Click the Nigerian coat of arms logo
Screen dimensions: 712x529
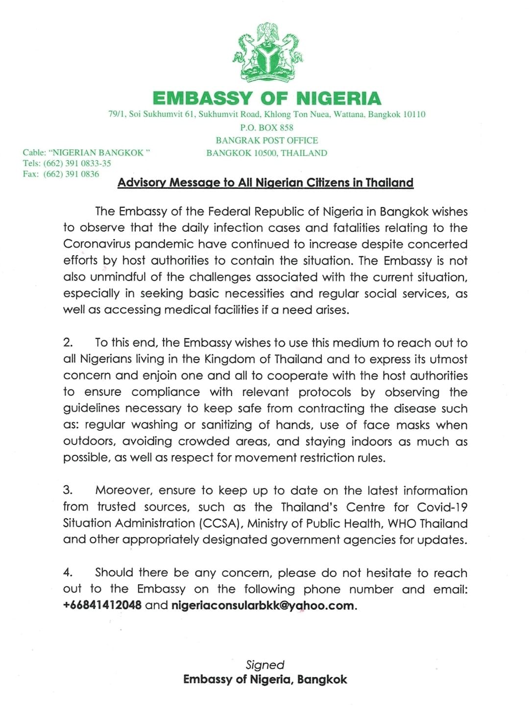coord(267,52)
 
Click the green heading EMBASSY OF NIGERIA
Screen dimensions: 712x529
coord(267,98)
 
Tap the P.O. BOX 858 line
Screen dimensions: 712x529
coord(267,127)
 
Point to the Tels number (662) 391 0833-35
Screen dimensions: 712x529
coord(77,163)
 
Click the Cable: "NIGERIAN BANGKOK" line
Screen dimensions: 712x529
coord(86,152)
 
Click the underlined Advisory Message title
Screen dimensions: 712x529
coord(265,183)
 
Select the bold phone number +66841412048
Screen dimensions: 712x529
coord(102,605)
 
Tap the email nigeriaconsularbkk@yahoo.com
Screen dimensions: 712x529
coord(263,605)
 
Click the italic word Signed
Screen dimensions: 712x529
coord(265,664)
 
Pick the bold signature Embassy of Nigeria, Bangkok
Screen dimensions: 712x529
coord(265,679)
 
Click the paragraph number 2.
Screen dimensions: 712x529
coord(68,343)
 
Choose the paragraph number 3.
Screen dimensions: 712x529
coord(68,490)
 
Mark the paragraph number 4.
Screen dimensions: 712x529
coord(68,572)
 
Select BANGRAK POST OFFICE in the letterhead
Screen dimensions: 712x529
coord(267,140)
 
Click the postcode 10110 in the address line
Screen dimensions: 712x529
coord(414,114)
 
